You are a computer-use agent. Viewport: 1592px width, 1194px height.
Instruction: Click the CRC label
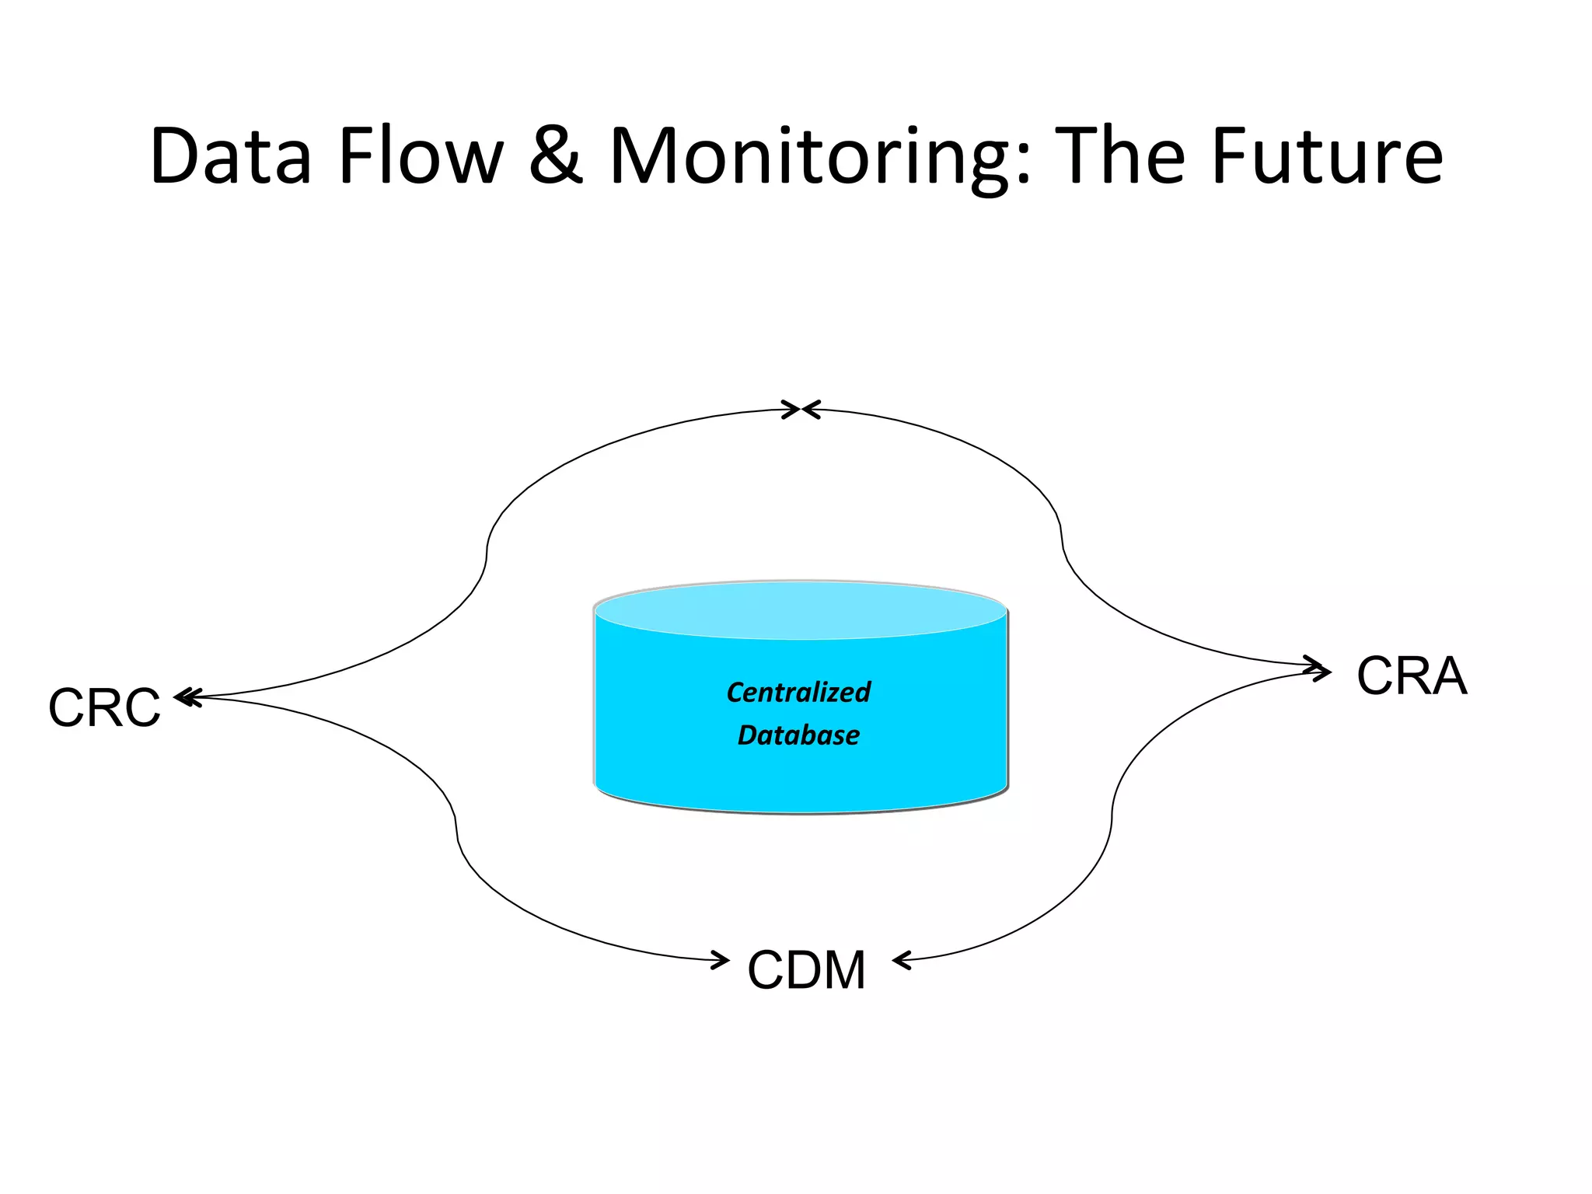[104, 708]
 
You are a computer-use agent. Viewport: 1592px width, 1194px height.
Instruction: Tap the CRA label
[1412, 676]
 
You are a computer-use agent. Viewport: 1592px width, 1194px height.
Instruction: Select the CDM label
[806, 970]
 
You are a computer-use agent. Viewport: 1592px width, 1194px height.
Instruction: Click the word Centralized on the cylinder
[798, 692]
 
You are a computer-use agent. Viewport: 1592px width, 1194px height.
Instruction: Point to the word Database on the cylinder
[798, 735]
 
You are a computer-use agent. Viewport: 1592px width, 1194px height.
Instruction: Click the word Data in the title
[231, 157]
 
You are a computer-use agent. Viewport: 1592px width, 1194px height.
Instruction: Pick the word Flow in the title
[421, 157]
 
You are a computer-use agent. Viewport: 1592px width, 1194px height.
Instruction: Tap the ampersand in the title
[555, 157]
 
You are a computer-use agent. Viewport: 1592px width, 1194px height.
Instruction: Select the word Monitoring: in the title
[820, 157]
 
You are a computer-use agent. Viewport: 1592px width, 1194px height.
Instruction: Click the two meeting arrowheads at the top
[801, 410]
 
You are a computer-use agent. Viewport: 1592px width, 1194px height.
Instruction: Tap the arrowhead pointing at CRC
[187, 697]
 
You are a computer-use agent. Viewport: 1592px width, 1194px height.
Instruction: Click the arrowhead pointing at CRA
[1319, 669]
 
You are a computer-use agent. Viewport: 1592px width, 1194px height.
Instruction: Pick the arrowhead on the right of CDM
[902, 962]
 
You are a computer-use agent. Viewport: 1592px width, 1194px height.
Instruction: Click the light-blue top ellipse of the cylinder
[800, 611]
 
